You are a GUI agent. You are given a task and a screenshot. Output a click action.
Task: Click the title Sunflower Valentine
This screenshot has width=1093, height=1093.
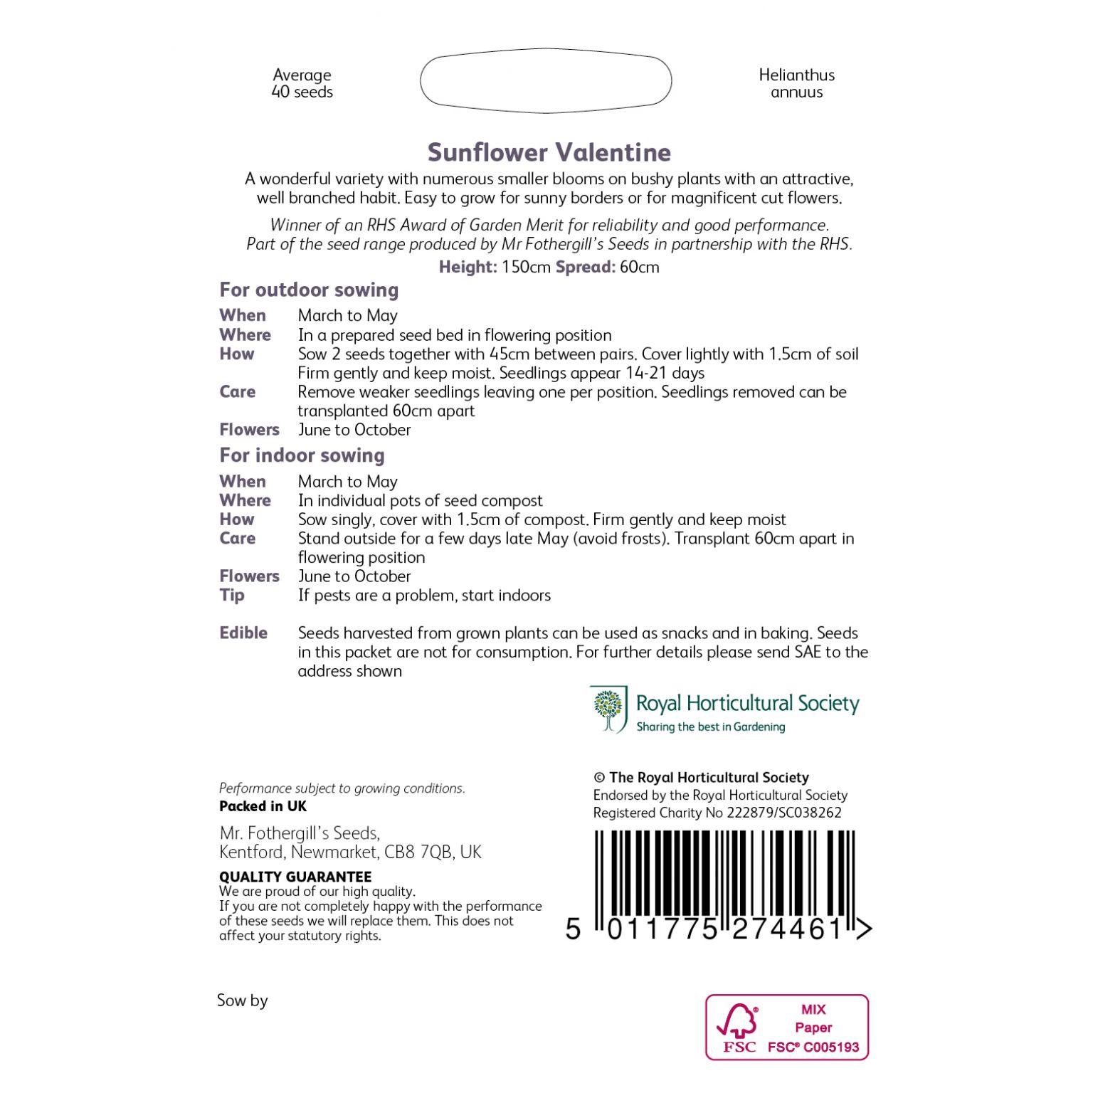click(549, 152)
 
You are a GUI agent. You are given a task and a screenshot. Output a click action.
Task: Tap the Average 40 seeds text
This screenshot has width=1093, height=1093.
click(302, 83)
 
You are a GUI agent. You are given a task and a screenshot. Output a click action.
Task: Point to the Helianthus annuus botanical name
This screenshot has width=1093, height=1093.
click(796, 83)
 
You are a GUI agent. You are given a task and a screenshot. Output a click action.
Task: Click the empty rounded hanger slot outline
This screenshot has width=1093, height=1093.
click(546, 80)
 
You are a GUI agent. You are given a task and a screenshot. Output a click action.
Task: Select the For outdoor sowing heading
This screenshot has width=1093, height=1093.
click(309, 290)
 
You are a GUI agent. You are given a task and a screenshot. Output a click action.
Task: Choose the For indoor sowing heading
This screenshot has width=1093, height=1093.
click(302, 455)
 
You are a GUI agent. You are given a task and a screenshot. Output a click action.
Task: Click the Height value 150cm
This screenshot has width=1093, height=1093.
click(526, 267)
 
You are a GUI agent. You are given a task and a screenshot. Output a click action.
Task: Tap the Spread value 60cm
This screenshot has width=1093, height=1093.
click(639, 267)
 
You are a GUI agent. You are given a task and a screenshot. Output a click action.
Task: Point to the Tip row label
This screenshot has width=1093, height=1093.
click(232, 595)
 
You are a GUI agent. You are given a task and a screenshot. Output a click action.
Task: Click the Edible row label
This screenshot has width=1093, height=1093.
click(243, 633)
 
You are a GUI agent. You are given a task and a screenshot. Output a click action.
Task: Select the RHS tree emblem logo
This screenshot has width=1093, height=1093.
click(608, 709)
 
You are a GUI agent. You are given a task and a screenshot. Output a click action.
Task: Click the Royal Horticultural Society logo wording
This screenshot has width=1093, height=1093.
click(747, 703)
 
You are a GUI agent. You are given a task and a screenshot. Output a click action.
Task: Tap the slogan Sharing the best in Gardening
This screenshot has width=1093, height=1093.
click(710, 727)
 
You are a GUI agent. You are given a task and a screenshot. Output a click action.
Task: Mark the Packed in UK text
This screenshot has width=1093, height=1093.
click(263, 806)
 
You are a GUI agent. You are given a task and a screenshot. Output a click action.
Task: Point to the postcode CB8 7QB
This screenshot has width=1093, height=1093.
click(418, 852)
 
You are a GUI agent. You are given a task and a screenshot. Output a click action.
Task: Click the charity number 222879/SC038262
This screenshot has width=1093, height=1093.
click(784, 813)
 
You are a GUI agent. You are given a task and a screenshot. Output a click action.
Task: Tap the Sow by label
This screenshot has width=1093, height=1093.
click(242, 1000)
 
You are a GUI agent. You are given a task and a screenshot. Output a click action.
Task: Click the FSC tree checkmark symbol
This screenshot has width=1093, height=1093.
click(737, 1022)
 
